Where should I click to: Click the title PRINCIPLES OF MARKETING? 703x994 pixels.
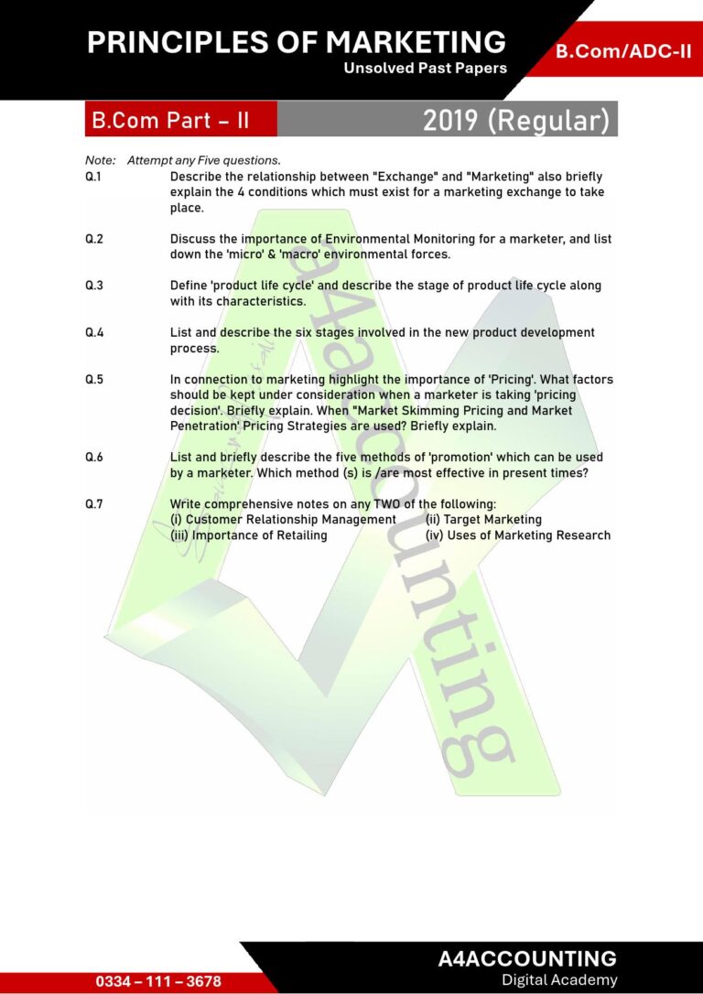[297, 42]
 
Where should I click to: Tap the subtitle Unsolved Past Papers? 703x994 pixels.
[425, 69]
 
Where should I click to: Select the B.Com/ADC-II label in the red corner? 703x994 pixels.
[623, 51]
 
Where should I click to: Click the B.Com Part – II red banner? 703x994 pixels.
[170, 121]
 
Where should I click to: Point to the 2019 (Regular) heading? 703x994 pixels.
[515, 121]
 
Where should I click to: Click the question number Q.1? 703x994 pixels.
[93, 177]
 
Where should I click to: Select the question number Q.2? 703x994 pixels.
[93, 239]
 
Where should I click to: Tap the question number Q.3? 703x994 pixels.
[93, 286]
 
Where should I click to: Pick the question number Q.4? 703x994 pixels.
[93, 333]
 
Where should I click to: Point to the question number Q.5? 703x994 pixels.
[93, 380]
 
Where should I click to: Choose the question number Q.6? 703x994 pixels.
[93, 458]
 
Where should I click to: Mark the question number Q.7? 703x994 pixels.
[93, 504]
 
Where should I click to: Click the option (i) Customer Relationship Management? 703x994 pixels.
[283, 520]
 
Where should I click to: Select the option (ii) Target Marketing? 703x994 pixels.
[483, 520]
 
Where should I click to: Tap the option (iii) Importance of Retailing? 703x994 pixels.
[249, 535]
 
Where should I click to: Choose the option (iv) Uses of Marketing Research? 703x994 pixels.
[518, 535]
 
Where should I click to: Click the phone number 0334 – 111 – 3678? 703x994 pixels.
[158, 981]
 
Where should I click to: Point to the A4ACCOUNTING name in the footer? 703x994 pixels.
[527, 959]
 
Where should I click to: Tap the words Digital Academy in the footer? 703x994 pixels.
[559, 980]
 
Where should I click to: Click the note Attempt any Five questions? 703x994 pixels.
[203, 160]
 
